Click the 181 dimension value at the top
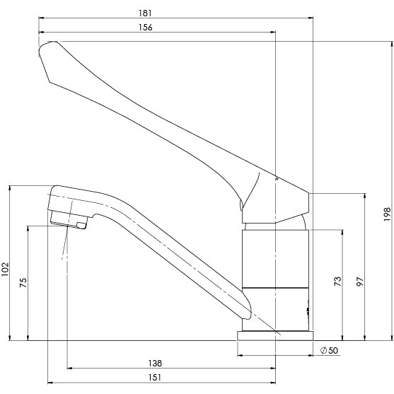coord(156,13)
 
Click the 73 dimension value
coord(338,282)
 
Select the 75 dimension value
coord(24,283)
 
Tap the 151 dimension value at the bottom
coord(155,378)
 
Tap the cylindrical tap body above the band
coord(275,257)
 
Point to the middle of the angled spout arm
coord(170,255)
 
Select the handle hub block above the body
coord(279,205)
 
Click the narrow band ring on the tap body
coord(275,288)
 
